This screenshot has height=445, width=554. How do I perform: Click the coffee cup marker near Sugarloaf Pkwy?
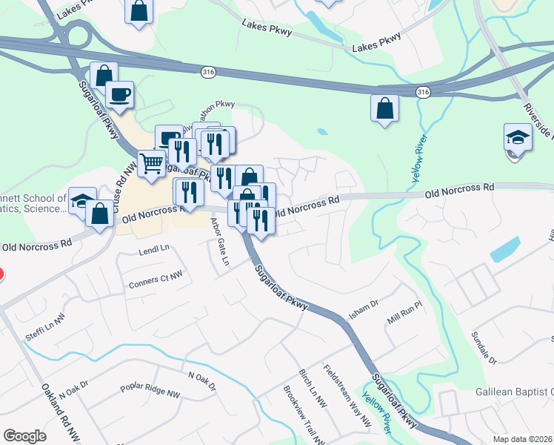coord(119,94)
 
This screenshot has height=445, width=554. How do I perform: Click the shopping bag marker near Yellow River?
coord(385,108)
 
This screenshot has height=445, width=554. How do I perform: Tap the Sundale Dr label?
coord(483,347)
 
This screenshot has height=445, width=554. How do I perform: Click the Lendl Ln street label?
coord(154,251)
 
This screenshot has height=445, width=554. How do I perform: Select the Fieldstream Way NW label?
coord(347,395)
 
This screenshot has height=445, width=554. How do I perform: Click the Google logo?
coord(24,435)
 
